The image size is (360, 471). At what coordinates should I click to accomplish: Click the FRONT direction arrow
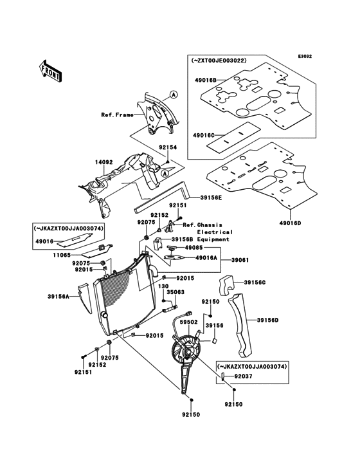coord(51,70)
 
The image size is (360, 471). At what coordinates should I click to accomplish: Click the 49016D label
coord(291,222)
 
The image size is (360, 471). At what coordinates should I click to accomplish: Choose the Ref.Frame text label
coord(116,116)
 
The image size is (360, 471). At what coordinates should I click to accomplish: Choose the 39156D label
coord(267,319)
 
